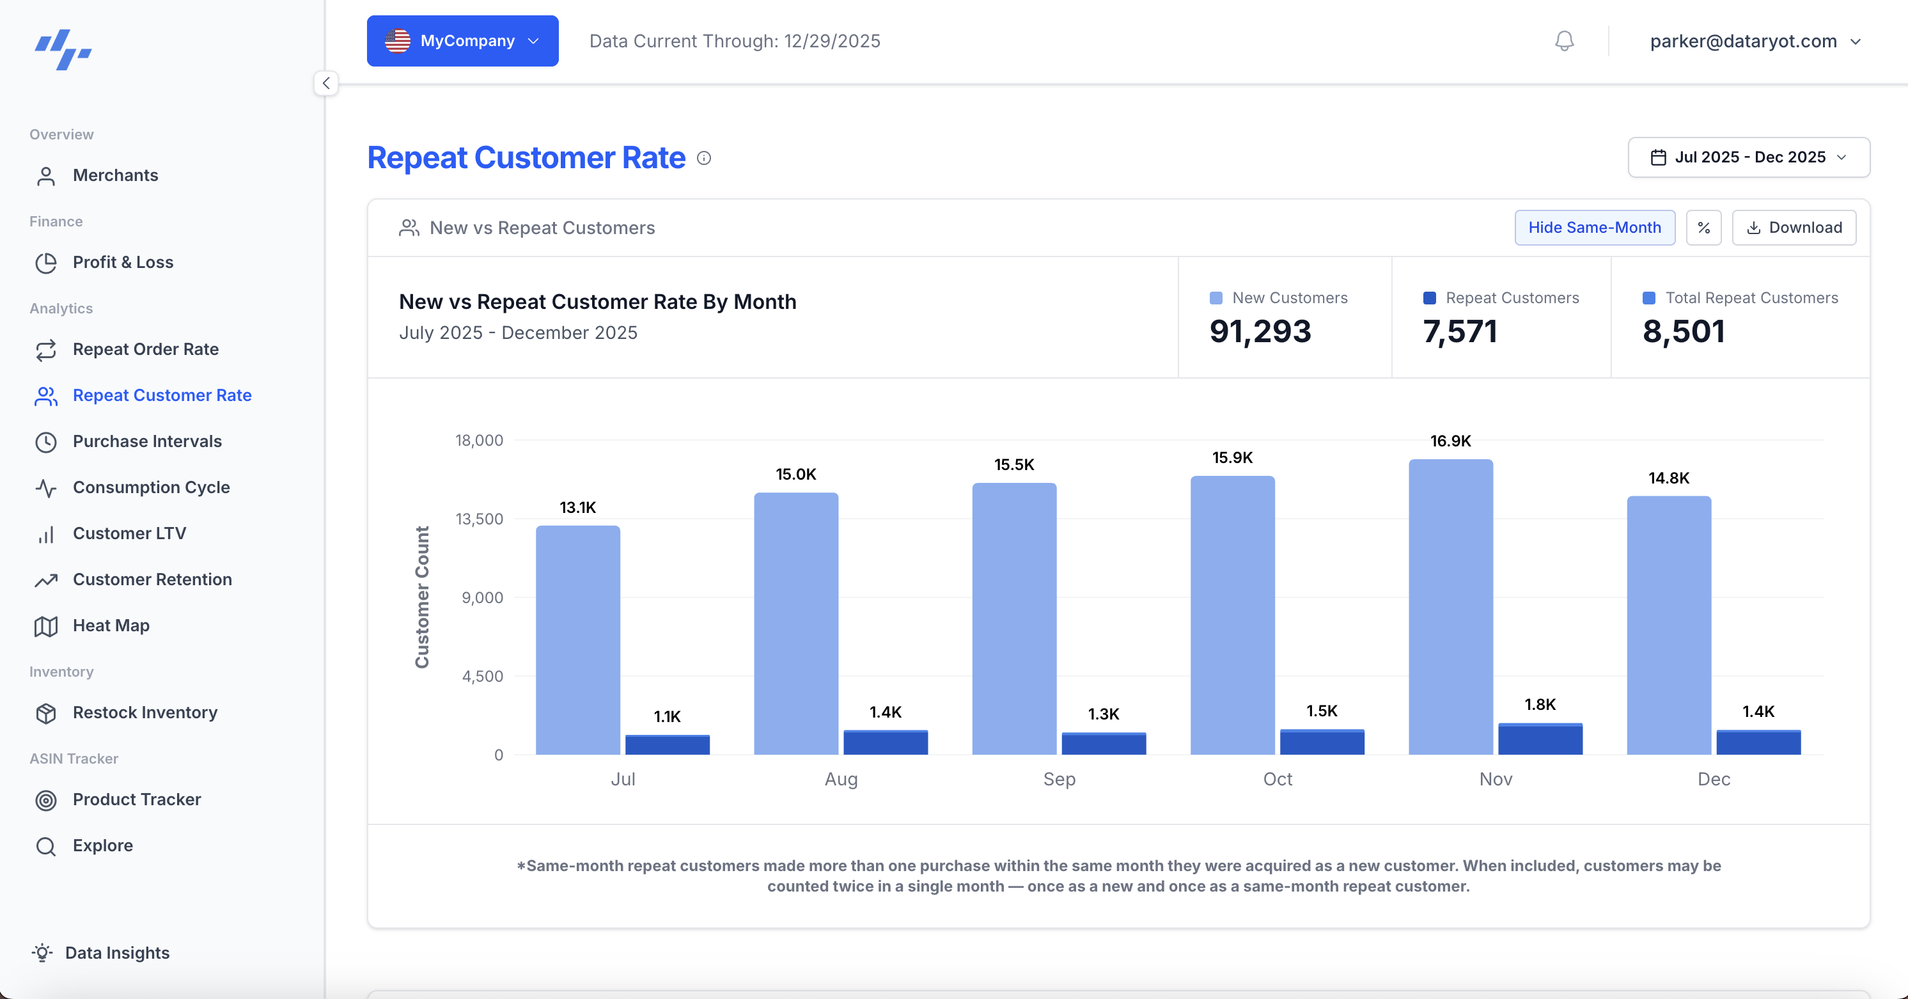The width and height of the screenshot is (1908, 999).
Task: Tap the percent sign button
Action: (1703, 228)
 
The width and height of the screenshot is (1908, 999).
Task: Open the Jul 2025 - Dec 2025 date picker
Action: (1748, 157)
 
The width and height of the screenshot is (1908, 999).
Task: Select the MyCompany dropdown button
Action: (462, 41)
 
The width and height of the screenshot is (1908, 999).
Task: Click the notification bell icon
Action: (1563, 41)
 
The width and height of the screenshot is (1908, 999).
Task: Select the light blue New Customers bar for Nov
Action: (1450, 608)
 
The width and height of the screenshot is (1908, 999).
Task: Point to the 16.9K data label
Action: (1450, 441)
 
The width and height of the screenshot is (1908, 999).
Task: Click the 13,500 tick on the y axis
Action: (479, 519)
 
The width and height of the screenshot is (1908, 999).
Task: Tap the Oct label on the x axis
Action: (1277, 779)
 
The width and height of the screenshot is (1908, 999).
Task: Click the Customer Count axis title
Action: (422, 597)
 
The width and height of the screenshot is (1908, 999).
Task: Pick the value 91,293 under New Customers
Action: (1260, 331)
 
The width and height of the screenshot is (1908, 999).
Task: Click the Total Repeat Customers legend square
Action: (1649, 298)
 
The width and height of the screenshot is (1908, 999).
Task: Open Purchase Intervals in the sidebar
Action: (146, 441)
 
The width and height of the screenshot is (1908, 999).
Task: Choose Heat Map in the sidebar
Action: (111, 625)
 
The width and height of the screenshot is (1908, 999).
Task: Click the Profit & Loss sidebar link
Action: (123, 262)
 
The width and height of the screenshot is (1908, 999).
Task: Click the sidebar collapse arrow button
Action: (326, 83)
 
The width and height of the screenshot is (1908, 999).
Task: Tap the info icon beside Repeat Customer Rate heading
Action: (703, 158)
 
